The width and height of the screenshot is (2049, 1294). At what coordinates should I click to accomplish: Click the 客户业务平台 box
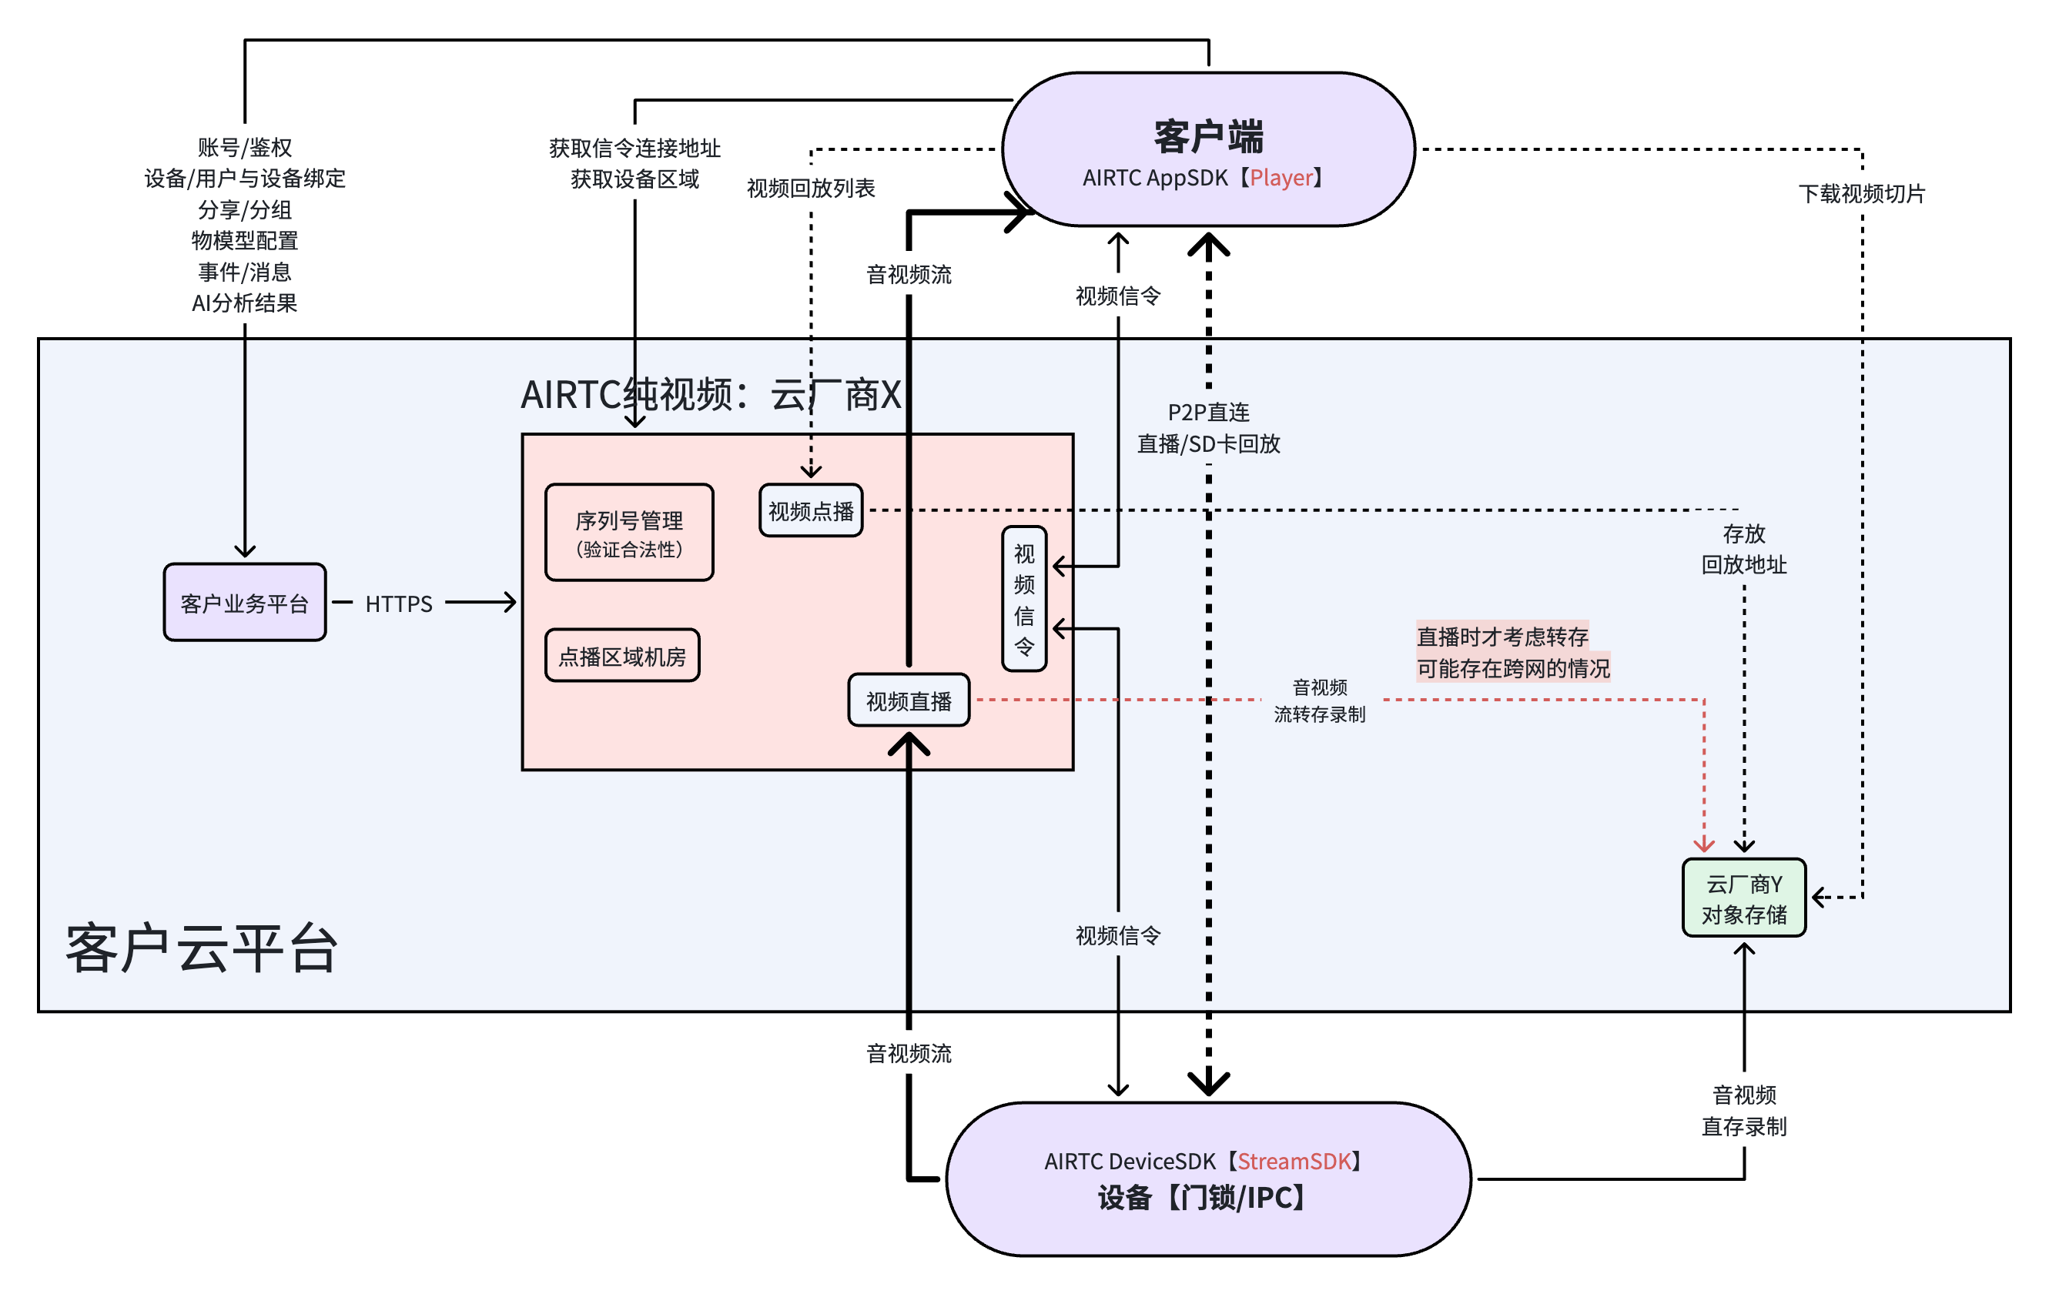pyautogui.click(x=244, y=602)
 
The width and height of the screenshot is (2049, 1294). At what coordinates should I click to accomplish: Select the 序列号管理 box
pyautogui.click(x=629, y=533)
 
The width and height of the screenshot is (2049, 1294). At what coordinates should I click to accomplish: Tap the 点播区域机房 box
pyautogui.click(x=622, y=656)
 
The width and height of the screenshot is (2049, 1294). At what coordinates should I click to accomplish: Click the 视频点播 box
pyautogui.click(x=810, y=510)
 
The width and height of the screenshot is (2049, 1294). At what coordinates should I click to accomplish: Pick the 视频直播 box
pyautogui.click(x=908, y=700)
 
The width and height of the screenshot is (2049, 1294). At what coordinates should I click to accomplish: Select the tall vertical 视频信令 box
pyautogui.click(x=1023, y=599)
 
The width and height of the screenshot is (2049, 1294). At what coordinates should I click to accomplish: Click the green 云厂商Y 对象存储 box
pyautogui.click(x=1743, y=898)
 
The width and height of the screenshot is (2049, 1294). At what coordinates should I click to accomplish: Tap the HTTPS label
pyautogui.click(x=398, y=604)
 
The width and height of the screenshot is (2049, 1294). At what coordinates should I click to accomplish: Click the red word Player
pyautogui.click(x=1281, y=178)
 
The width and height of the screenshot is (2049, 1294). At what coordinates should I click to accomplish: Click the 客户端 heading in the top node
pyautogui.click(x=1208, y=136)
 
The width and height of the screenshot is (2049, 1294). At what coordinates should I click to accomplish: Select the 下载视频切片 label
pyautogui.click(x=1862, y=193)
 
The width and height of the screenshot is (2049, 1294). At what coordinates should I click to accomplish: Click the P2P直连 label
pyautogui.click(x=1208, y=413)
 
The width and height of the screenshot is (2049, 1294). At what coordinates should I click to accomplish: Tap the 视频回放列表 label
pyautogui.click(x=810, y=188)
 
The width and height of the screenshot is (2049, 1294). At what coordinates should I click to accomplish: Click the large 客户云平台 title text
pyautogui.click(x=202, y=947)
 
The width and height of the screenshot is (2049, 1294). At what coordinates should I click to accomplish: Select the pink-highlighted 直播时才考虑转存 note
pyautogui.click(x=1503, y=637)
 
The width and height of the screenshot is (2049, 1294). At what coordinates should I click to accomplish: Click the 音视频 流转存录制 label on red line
pyautogui.click(x=1320, y=700)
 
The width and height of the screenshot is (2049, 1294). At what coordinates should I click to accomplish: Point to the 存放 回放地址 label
pyautogui.click(x=1743, y=549)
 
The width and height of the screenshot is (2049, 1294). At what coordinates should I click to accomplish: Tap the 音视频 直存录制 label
pyautogui.click(x=1743, y=1110)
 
